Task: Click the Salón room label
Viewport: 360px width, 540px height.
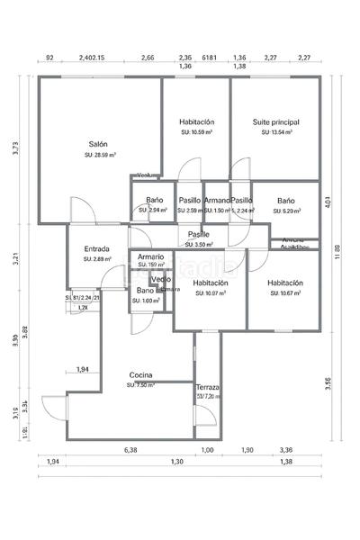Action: pos(98,144)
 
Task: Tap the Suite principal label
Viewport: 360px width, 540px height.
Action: pos(275,121)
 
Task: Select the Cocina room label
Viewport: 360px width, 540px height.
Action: pos(140,374)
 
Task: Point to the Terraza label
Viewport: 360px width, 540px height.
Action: pos(208,387)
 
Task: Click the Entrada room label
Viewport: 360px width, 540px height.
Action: pos(97,249)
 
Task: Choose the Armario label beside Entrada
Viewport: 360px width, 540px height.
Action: pos(150,256)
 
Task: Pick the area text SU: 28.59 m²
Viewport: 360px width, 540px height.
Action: pos(98,155)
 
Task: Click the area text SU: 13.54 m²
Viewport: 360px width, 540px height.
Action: pos(276,131)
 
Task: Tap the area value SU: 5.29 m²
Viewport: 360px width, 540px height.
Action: pos(286,211)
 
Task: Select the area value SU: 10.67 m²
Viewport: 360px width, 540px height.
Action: pos(285,292)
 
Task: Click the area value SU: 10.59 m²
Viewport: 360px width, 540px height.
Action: pos(196,131)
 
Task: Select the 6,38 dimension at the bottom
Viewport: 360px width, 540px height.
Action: pos(130,450)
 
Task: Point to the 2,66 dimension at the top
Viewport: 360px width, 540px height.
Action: pos(148,58)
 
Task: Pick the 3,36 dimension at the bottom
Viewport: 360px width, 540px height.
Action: pos(286,450)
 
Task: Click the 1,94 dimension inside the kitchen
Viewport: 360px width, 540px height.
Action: pos(82,369)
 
